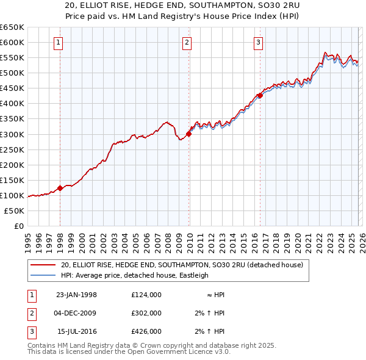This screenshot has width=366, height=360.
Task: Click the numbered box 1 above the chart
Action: tap(58, 42)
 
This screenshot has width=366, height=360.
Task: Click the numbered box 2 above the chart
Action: tap(187, 42)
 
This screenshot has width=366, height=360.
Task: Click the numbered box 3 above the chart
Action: tap(258, 42)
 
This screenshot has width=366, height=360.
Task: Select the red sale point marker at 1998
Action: tap(60, 188)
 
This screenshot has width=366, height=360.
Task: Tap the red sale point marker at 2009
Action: tap(188, 134)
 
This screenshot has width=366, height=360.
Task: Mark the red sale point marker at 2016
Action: tap(260, 95)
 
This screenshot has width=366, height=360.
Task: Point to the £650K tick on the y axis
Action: tap(12, 27)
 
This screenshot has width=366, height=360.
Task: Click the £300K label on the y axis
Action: tap(12, 134)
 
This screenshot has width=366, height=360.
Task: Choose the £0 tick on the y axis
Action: tap(18, 226)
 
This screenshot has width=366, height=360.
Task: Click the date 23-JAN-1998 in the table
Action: tap(76, 295)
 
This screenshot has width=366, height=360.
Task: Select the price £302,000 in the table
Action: tap(146, 313)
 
